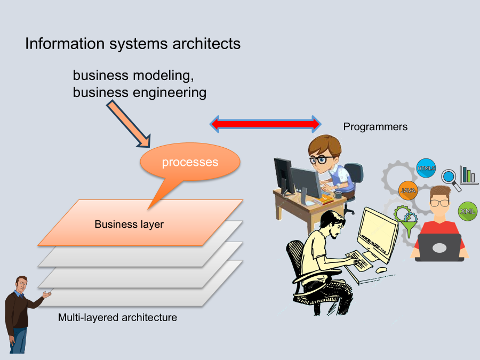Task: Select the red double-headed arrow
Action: (265, 124)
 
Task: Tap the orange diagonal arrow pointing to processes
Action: (129, 123)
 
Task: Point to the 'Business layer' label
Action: (129, 225)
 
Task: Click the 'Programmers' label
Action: (375, 127)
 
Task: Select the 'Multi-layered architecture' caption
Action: (117, 318)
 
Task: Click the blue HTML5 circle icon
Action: (426, 169)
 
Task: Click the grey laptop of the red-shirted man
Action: (439, 247)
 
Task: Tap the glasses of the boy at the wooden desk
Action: (320, 159)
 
